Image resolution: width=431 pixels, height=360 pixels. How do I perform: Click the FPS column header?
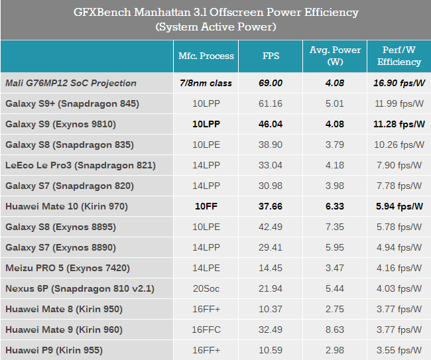click(271, 56)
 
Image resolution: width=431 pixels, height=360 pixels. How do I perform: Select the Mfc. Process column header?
click(206, 56)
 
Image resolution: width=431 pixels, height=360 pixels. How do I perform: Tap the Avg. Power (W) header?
click(335, 56)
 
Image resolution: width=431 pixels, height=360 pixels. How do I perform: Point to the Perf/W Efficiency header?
click(399, 56)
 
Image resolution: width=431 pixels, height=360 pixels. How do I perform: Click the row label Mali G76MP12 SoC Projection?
click(71, 83)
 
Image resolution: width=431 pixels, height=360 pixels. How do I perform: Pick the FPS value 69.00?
click(271, 83)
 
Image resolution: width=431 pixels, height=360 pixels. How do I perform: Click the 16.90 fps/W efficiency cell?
click(399, 83)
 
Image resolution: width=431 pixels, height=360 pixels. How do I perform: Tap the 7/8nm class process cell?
click(206, 83)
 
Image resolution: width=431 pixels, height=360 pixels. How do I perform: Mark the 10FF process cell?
click(206, 206)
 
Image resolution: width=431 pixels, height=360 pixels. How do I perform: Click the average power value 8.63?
click(335, 330)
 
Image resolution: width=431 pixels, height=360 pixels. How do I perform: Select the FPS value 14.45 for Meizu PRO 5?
click(271, 268)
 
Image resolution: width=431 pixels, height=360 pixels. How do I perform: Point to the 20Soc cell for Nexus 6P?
click(206, 288)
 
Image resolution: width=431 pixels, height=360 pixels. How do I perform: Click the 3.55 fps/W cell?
click(399, 350)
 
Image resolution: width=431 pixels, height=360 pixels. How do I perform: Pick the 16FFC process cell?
click(206, 330)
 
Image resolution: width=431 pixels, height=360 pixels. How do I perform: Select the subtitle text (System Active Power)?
click(215, 27)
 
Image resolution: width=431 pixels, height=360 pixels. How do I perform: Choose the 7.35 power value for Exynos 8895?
click(335, 227)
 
